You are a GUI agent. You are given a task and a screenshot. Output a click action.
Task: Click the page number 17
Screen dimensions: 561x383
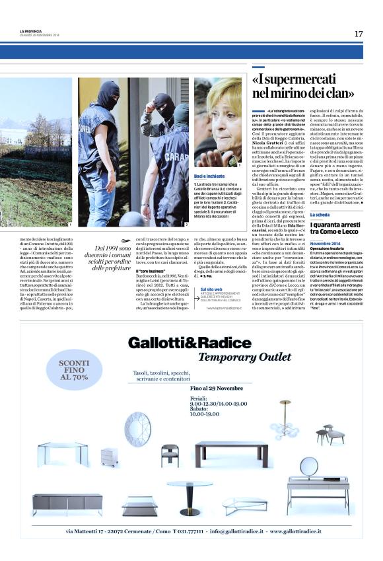tap(359, 34)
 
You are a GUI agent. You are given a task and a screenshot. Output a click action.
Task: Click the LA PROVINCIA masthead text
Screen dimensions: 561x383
tap(32, 31)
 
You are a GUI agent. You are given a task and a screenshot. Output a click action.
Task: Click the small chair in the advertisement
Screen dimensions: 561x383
tap(170, 455)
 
